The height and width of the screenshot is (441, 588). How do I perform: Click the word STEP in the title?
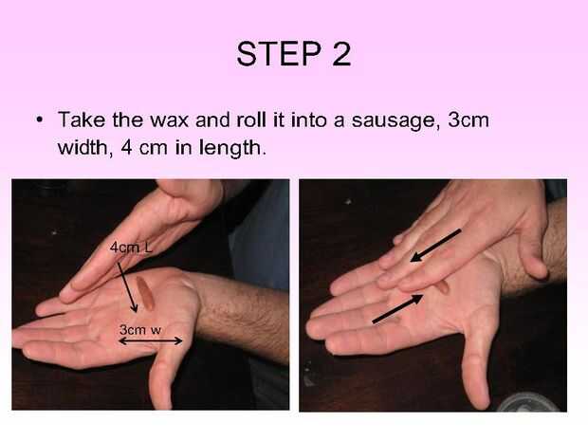click(x=279, y=54)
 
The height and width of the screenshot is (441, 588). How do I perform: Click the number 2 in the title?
click(x=341, y=54)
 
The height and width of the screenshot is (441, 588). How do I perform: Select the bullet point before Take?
click(x=39, y=120)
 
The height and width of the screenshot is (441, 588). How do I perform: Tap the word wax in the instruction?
click(x=169, y=120)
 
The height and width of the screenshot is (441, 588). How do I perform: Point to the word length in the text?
click(x=230, y=149)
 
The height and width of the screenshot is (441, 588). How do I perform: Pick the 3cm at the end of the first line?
click(x=469, y=120)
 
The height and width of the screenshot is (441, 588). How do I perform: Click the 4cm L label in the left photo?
click(x=131, y=248)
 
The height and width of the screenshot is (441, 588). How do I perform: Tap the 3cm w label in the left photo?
click(x=139, y=330)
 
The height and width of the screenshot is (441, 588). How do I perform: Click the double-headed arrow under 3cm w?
click(x=151, y=340)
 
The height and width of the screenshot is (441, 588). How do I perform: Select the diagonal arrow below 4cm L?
click(x=127, y=286)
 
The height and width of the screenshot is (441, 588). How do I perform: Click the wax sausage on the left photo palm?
click(x=145, y=294)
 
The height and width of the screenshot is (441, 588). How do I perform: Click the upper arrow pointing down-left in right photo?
click(x=435, y=246)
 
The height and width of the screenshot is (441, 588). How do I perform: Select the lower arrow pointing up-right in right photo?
click(x=397, y=308)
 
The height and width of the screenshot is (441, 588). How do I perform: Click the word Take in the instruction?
click(x=82, y=120)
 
